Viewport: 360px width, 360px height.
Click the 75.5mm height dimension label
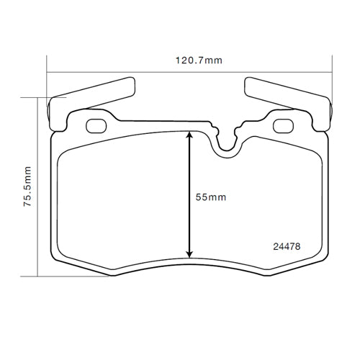point(27,186)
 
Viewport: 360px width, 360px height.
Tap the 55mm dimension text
point(210,197)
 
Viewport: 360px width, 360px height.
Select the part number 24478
point(286,246)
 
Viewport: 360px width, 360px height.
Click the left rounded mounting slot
point(95,127)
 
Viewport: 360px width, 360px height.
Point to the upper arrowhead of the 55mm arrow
point(189,135)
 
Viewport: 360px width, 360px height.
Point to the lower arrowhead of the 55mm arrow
point(189,253)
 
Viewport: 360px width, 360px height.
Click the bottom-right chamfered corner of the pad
point(310,264)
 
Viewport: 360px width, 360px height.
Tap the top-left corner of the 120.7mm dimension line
point(47,72)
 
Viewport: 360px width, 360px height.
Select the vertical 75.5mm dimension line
point(37,186)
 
